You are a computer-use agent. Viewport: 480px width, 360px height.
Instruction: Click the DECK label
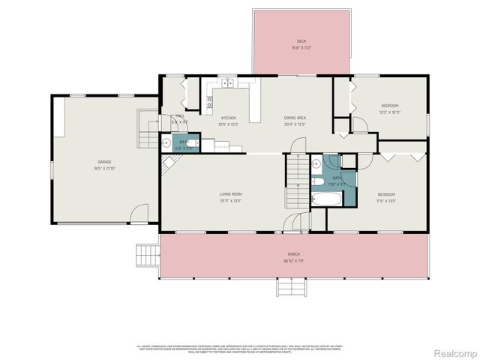[301, 41]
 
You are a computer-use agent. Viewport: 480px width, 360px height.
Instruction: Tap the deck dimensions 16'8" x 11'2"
[301, 48]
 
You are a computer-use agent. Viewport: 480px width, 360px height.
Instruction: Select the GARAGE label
[103, 161]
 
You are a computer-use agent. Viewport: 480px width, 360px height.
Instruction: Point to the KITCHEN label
[228, 118]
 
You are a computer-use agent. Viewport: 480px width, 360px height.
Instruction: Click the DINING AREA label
[295, 118]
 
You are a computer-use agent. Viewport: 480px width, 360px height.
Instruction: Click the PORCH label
[294, 254]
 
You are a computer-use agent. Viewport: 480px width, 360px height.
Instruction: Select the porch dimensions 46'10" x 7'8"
[294, 261]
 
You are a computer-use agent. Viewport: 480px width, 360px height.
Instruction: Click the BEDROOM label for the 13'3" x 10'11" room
[390, 106]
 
